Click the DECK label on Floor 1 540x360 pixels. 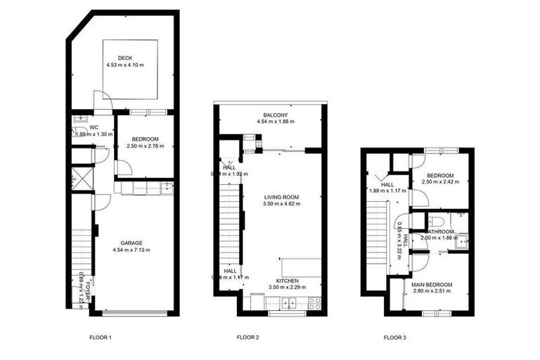point(125,58)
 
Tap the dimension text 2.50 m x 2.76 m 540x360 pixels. point(144,146)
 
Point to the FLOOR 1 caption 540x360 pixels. point(101,337)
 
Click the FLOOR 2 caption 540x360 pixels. point(248,337)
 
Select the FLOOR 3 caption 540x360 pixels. point(394,337)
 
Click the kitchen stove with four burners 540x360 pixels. point(314,304)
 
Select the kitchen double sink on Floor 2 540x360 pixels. point(287,304)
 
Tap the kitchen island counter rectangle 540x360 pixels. point(302,269)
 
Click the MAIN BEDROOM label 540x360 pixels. point(432,284)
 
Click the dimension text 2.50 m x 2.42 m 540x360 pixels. point(439,181)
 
